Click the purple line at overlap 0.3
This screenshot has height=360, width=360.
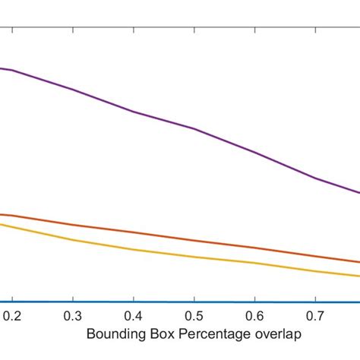pyautogui.click(x=73, y=90)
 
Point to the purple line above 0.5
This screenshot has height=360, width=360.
pyautogui.click(x=194, y=128)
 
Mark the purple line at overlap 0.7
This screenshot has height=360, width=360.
pyautogui.click(x=316, y=178)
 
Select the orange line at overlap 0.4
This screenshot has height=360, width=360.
pyautogui.click(x=134, y=232)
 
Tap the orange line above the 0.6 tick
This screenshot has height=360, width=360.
pyautogui.click(x=255, y=248)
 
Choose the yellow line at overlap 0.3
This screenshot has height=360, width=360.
pyautogui.click(x=73, y=240)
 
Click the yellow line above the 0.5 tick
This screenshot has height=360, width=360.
pyautogui.click(x=194, y=257)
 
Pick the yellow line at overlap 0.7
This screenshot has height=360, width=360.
pyautogui.click(x=316, y=270)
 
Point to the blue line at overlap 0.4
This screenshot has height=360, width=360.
pyautogui.click(x=134, y=302)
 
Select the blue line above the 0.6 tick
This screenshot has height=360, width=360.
pyautogui.click(x=255, y=302)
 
